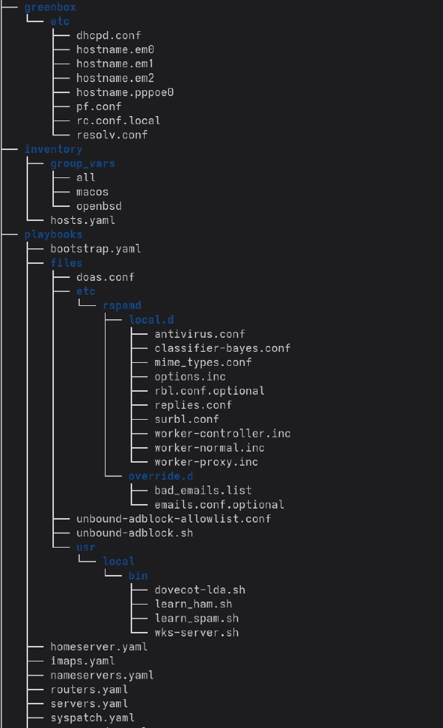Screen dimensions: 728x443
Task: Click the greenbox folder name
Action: tap(50, 7)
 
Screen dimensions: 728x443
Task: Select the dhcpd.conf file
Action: tap(108, 35)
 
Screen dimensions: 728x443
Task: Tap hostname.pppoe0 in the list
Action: tap(124, 92)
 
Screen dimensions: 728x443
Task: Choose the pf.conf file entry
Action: tap(98, 106)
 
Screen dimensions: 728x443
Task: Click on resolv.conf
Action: tap(111, 135)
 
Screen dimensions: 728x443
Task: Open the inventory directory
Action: tap(53, 149)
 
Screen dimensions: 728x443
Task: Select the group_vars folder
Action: tap(83, 163)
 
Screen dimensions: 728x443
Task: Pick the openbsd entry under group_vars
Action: tap(98, 205)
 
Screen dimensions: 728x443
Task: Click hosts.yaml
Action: tap(83, 220)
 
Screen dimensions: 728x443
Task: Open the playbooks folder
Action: tap(53, 234)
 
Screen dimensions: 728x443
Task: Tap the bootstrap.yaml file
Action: tap(95, 248)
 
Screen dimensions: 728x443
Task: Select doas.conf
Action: tap(105, 277)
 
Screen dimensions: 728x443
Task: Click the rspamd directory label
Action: tap(122, 305)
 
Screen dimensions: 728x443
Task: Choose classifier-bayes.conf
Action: tap(222, 348)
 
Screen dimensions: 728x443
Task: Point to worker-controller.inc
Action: tap(222, 433)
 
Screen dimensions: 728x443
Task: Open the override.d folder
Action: tap(160, 476)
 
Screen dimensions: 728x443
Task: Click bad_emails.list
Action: tap(203, 490)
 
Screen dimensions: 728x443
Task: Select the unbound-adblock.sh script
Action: tap(134, 533)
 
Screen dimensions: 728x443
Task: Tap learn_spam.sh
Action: tap(196, 618)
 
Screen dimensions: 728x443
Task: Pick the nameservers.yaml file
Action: tap(102, 675)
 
